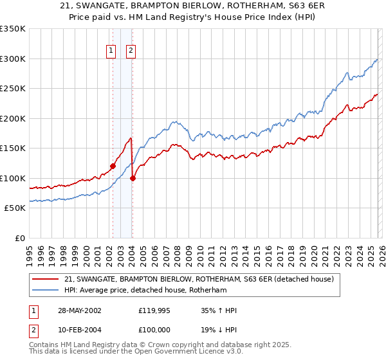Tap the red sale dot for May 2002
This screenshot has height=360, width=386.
113,166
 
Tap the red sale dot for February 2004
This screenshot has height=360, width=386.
132,178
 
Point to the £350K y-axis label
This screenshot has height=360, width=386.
12,29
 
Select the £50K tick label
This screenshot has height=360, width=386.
15,208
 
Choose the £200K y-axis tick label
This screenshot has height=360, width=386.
12,118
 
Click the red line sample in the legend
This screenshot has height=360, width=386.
45,279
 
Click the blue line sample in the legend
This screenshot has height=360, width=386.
45,291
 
